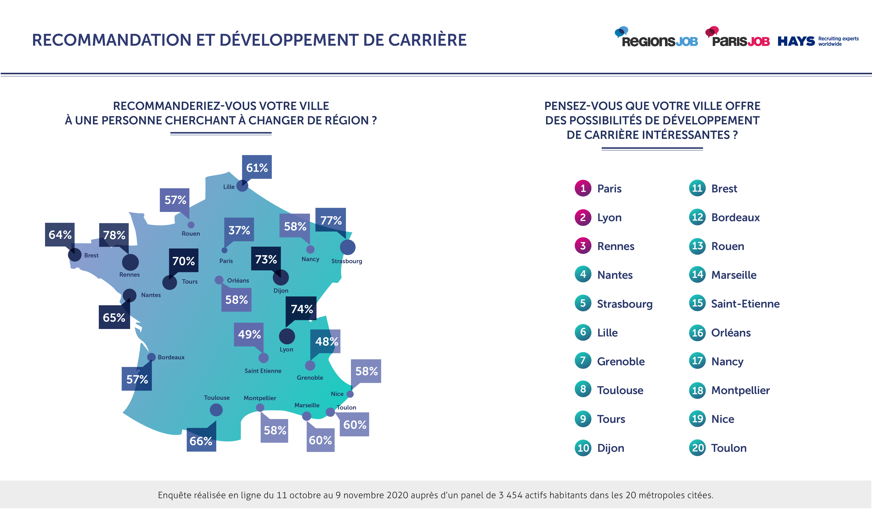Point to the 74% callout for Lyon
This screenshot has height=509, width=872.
point(301,309)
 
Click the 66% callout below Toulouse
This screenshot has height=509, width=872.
point(201,441)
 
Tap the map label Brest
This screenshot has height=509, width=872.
point(91,255)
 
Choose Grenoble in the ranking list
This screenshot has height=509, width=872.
point(621,361)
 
